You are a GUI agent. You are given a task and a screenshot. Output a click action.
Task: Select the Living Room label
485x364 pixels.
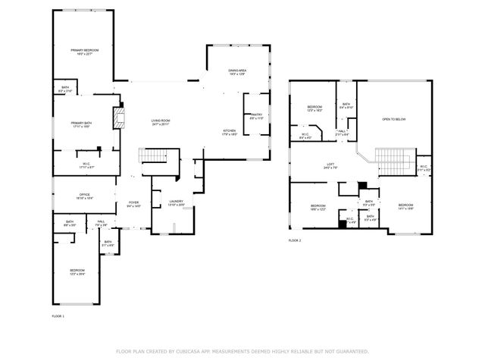point(160,122)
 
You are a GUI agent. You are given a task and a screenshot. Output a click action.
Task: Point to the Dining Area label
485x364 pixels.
point(238,72)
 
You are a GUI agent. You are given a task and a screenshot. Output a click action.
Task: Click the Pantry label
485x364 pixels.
point(256,116)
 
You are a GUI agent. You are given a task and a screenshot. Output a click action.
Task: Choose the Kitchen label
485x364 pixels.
point(229,132)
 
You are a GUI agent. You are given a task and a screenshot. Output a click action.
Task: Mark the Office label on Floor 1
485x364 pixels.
point(84,196)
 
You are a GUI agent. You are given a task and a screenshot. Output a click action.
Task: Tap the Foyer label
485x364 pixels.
point(133,203)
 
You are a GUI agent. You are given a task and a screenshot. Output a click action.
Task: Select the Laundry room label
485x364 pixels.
point(176,203)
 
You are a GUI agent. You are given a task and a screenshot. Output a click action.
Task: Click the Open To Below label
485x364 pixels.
point(393,119)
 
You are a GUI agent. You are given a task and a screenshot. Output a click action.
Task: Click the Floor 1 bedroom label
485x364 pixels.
point(77,271)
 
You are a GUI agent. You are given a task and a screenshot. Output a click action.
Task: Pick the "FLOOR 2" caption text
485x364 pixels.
point(295,240)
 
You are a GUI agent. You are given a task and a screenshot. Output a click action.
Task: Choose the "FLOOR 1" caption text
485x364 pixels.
point(58,315)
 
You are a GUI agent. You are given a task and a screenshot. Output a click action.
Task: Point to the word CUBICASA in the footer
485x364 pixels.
point(196,352)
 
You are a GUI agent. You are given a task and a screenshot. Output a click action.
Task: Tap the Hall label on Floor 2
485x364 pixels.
point(342,132)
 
